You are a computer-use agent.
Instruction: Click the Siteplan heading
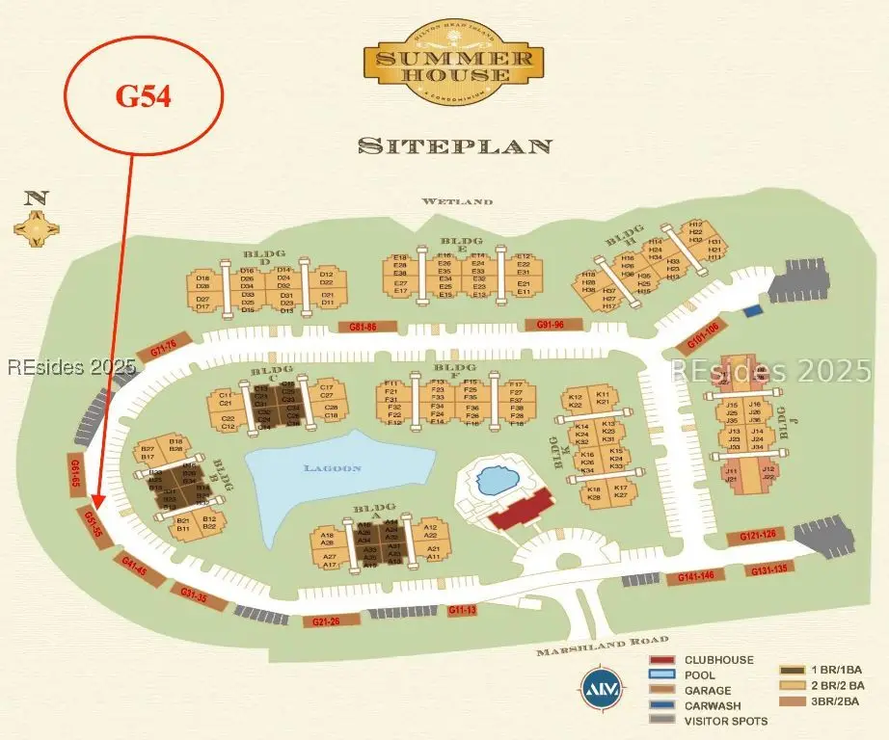click(x=455, y=145)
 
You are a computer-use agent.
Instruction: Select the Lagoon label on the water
click(x=332, y=468)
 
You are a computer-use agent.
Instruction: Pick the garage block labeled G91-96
click(x=551, y=325)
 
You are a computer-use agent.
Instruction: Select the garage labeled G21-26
click(x=327, y=621)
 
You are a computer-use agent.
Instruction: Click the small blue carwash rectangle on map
click(x=751, y=311)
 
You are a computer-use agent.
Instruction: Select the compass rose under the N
click(x=37, y=228)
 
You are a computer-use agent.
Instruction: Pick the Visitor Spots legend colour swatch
click(x=661, y=721)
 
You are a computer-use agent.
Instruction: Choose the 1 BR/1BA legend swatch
click(x=793, y=670)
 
